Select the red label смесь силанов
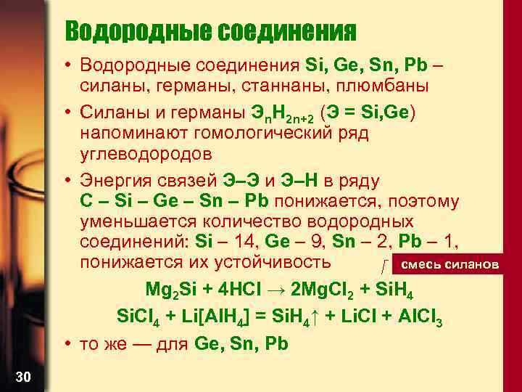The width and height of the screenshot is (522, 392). tap(449, 264)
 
